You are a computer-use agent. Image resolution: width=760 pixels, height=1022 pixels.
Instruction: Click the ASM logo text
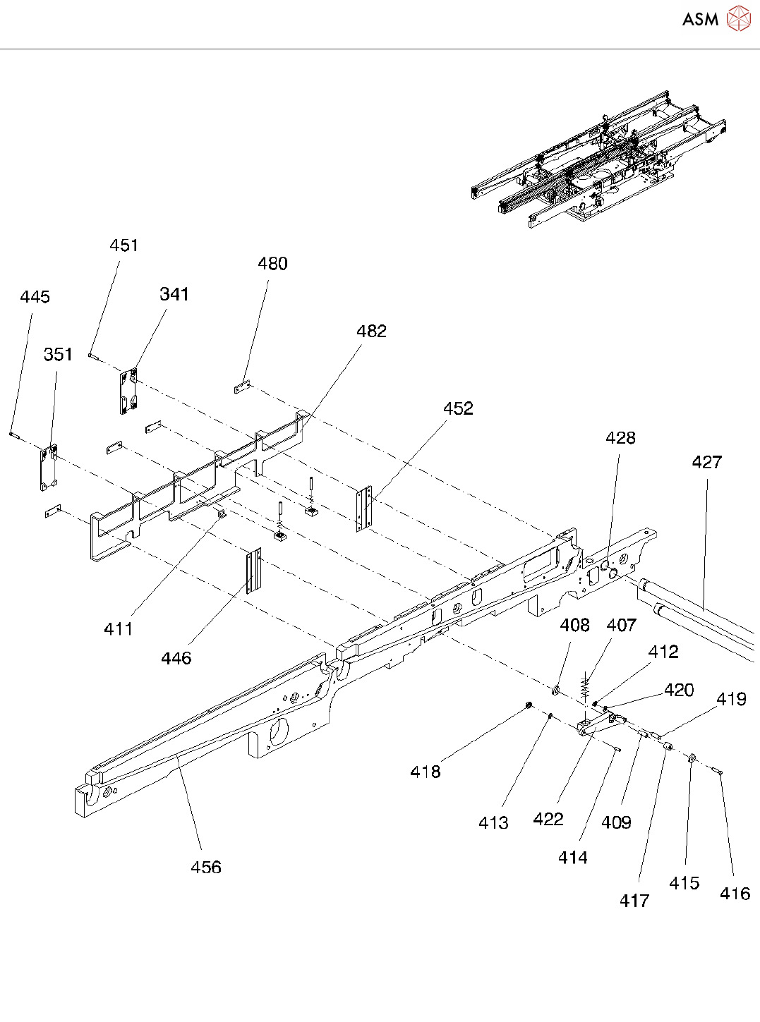[700, 20]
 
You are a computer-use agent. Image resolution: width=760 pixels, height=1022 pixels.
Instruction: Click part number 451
[123, 245]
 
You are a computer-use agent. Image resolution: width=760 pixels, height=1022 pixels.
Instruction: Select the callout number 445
[35, 297]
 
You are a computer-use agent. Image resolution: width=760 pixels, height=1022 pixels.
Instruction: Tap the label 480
[272, 264]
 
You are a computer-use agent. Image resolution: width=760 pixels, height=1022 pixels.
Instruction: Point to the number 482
[371, 331]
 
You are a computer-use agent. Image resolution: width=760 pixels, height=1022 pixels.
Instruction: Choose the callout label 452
[458, 408]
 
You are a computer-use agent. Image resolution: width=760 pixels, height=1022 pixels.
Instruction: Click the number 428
[620, 438]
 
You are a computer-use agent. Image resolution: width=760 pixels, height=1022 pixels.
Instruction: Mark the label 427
[706, 462]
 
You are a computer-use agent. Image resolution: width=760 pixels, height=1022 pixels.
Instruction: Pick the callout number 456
[206, 868]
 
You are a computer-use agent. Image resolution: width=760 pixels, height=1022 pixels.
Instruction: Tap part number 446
[176, 659]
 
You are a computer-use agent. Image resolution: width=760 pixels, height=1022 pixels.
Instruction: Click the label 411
[118, 629]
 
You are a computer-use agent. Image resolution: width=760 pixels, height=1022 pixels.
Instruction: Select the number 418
[425, 772]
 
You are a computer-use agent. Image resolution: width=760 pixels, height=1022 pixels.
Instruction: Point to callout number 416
[735, 894]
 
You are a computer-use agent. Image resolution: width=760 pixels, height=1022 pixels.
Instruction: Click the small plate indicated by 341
[128, 391]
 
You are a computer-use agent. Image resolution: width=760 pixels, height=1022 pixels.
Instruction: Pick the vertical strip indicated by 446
[253, 572]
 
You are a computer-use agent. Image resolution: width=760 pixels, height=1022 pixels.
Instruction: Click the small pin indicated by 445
[13, 434]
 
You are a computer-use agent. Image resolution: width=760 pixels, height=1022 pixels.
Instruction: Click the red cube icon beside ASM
[738, 19]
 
